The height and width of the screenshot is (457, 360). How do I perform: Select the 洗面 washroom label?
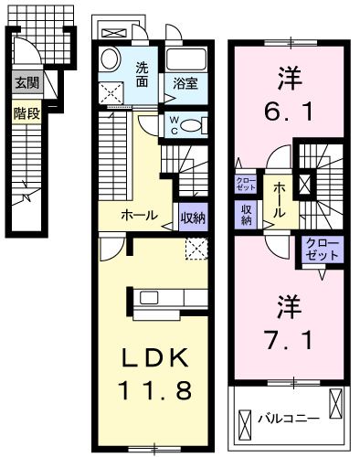[143, 72]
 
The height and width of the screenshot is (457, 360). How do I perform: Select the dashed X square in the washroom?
[112, 90]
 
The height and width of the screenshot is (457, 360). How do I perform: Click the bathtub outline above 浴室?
[189, 58]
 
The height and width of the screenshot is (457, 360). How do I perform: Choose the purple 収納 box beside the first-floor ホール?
[192, 217]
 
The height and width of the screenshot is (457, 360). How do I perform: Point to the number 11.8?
[155, 390]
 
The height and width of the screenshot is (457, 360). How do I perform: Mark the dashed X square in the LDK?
[196, 248]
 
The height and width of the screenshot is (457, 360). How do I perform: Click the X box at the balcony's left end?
[244, 423]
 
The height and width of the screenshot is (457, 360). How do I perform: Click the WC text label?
[174, 124]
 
